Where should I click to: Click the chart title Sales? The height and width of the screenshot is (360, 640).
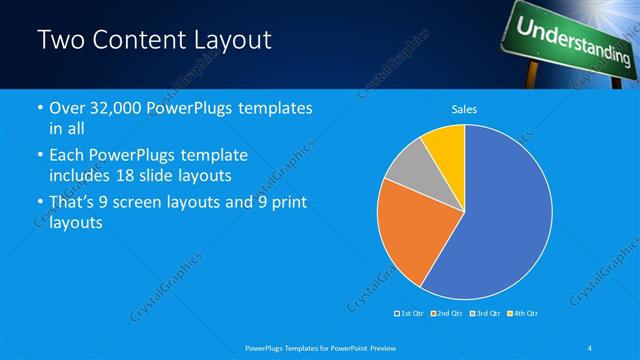[x=464, y=108]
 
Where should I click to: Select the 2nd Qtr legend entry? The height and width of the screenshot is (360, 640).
[x=446, y=314]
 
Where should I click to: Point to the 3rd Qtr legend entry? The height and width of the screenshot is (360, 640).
[x=485, y=314]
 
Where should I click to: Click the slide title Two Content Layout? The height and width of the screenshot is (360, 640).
[x=154, y=41]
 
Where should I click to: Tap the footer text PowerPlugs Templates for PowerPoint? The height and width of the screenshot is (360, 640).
[x=321, y=348]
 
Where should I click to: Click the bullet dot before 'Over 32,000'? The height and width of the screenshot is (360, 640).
[x=39, y=108]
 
